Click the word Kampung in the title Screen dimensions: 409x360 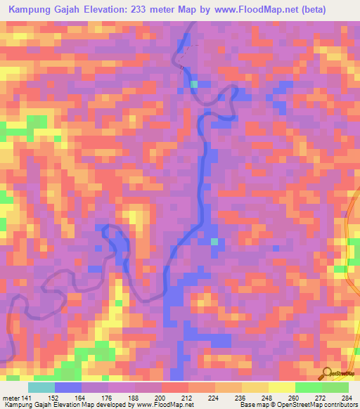[30, 10]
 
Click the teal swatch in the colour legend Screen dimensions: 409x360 [41, 387]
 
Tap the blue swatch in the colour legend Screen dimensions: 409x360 [68, 387]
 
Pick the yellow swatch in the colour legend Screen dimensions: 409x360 [282, 387]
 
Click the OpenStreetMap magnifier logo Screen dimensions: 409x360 [328, 374]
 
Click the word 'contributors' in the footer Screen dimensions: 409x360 [340, 405]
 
